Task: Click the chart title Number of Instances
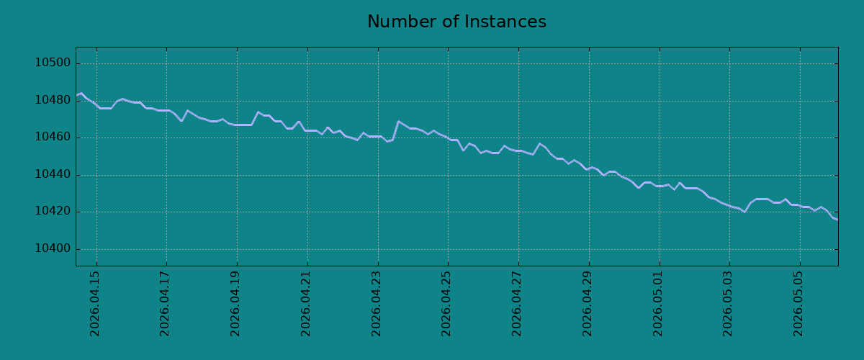tap(456, 22)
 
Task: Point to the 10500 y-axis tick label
tap(53, 63)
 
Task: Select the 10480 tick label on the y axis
tap(53, 100)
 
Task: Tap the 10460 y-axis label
tap(53, 137)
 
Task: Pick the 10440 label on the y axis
tap(53, 174)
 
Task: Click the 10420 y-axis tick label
tap(53, 211)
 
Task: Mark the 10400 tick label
tap(53, 248)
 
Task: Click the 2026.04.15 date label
tap(94, 304)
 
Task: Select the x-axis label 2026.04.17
tap(165, 304)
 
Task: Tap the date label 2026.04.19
tap(235, 304)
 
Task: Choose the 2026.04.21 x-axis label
tap(305, 304)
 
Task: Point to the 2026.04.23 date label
tap(376, 304)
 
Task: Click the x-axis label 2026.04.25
tap(446, 304)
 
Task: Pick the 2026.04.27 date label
tap(516, 304)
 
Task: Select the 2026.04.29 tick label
tap(587, 304)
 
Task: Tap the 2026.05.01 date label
tap(657, 304)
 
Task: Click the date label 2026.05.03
tap(727, 304)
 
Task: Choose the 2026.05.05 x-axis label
tap(798, 304)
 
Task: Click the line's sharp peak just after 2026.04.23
tap(398, 121)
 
